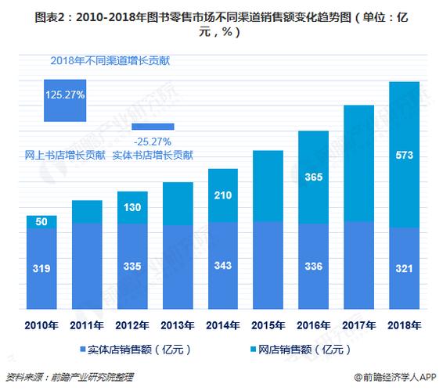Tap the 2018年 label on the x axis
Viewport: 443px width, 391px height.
coord(405,324)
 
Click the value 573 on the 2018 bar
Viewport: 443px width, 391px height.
coord(405,154)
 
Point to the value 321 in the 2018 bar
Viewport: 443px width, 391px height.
coord(405,267)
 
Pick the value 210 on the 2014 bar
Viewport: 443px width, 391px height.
coord(221,195)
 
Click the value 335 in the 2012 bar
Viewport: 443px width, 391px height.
coord(132,267)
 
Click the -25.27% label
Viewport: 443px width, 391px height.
coord(153,141)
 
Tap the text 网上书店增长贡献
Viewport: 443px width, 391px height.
coord(64,156)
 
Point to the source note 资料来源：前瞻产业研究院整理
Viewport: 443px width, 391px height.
coord(69,377)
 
